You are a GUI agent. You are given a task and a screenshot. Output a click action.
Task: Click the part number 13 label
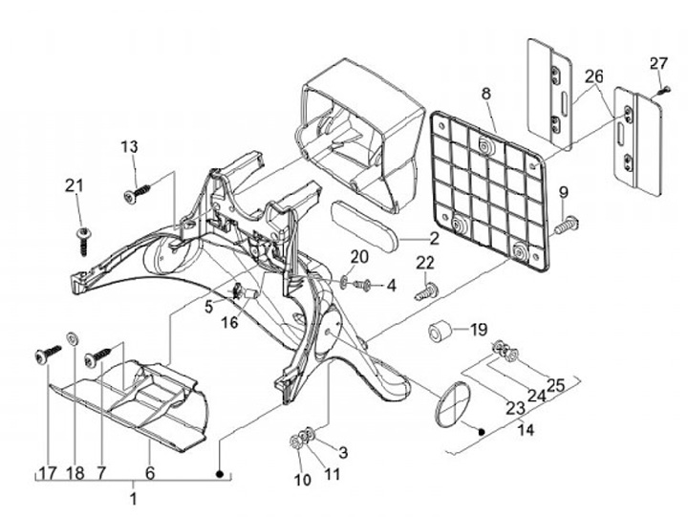(x=129, y=146)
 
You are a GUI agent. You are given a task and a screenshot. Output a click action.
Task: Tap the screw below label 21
(x=82, y=241)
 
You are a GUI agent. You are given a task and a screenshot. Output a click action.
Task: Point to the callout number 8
(x=486, y=94)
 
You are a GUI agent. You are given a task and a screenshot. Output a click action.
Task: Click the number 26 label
(x=594, y=76)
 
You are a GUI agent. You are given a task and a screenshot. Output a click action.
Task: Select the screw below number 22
(x=427, y=291)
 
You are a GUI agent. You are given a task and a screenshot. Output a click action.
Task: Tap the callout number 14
(x=526, y=429)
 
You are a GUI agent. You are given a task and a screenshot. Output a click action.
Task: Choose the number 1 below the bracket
(x=133, y=499)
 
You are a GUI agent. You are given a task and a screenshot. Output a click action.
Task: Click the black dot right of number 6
(x=221, y=474)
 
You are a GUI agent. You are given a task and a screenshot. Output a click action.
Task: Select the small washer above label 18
(x=72, y=338)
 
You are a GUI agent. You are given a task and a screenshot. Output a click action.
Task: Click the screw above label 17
(x=48, y=354)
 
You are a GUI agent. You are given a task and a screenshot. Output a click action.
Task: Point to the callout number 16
(x=229, y=323)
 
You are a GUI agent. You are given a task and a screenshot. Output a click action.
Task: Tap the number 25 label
(x=555, y=385)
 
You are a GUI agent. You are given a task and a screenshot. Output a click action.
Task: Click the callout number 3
(x=343, y=452)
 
